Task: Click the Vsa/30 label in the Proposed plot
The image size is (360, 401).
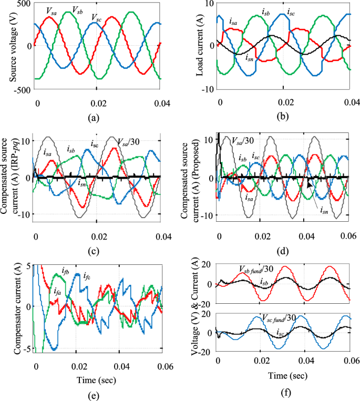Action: click(242, 141)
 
